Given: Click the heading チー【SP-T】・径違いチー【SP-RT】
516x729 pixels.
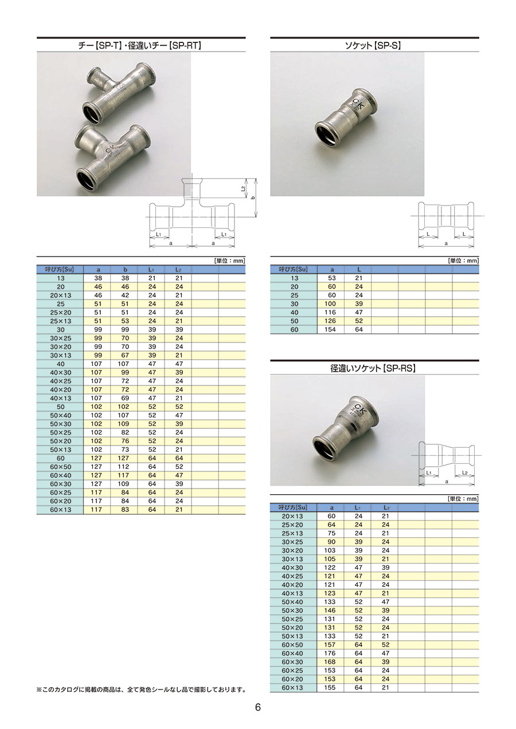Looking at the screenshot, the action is click(x=139, y=46).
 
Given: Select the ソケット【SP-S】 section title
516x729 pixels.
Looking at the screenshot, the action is click(x=373, y=46).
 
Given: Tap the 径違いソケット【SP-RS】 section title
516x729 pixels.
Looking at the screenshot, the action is click(x=373, y=368).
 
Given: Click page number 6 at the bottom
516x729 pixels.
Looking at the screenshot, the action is click(x=257, y=707).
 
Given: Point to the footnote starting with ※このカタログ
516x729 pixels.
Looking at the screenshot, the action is click(x=141, y=689).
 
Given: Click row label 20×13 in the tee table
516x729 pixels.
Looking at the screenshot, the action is click(x=61, y=295).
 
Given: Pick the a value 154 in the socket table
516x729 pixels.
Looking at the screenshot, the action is click(x=330, y=329).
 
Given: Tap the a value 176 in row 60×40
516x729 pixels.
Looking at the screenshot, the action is click(x=330, y=653).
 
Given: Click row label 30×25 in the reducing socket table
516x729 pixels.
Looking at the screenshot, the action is click(x=292, y=542).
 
